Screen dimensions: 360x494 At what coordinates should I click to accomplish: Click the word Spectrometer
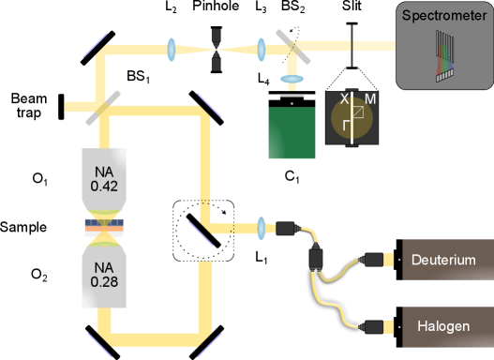pyautogui.click(x=444, y=16)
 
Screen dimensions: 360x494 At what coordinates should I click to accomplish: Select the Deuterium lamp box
pyautogui.click(x=446, y=260)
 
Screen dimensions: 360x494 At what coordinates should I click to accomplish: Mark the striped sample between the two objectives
pyautogui.click(x=104, y=227)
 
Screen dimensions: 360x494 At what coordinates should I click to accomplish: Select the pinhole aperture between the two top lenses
pyautogui.click(x=217, y=50)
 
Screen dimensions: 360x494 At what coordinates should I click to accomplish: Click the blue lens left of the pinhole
pyautogui.click(x=173, y=49)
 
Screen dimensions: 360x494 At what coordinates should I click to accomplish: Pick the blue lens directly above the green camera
pyautogui.click(x=294, y=81)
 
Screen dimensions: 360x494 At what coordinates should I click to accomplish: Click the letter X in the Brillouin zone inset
pyautogui.click(x=343, y=98)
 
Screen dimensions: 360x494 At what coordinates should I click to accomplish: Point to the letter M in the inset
pyautogui.click(x=370, y=98)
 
